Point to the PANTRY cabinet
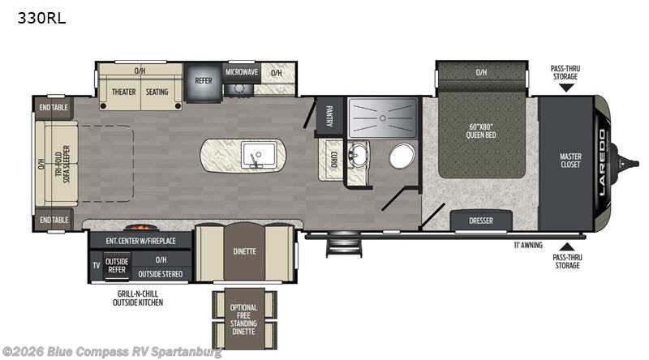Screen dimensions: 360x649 click(x=330, y=116)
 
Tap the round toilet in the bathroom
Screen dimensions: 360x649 click(x=402, y=156)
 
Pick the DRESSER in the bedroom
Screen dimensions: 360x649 click(x=480, y=220)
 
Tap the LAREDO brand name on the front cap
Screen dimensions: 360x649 click(x=602, y=162)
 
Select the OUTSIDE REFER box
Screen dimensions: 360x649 click(x=117, y=267)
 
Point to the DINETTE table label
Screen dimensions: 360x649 click(x=244, y=251)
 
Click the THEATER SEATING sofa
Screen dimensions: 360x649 click(x=140, y=92)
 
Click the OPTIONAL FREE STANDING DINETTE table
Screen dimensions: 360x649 click(x=244, y=319)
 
